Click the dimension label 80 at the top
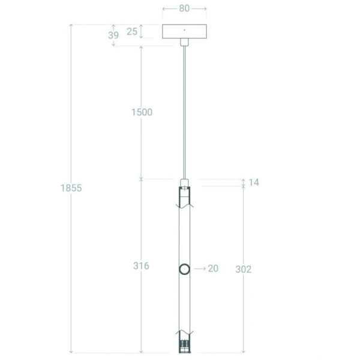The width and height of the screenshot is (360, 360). pyautogui.click(x=184, y=9)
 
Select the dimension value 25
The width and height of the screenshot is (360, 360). pyautogui.click(x=132, y=31)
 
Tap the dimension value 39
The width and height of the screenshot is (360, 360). pyautogui.click(x=113, y=35)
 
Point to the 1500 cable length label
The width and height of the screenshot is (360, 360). pyautogui.click(x=142, y=112)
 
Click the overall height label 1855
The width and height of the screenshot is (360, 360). pyautogui.click(x=71, y=188)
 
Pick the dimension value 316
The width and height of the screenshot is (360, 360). pyautogui.click(x=141, y=266)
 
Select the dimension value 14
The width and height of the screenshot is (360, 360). pyautogui.click(x=253, y=182)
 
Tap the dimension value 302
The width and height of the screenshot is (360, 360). pyautogui.click(x=243, y=269)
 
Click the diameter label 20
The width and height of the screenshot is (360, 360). pyautogui.click(x=213, y=269)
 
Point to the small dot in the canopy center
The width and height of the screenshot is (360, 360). pyautogui.click(x=184, y=30)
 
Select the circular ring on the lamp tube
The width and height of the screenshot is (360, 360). pyautogui.click(x=184, y=269)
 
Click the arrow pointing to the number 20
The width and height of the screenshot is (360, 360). pyautogui.click(x=200, y=269)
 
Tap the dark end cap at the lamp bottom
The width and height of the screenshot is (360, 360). pyautogui.click(x=184, y=346)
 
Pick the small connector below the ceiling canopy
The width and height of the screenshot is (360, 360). pyautogui.click(x=184, y=42)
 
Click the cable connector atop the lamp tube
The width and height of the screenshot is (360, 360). pyautogui.click(x=184, y=182)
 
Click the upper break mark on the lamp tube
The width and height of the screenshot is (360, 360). pyautogui.click(x=184, y=205)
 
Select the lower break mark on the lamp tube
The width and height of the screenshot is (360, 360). pyautogui.click(x=184, y=332)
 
